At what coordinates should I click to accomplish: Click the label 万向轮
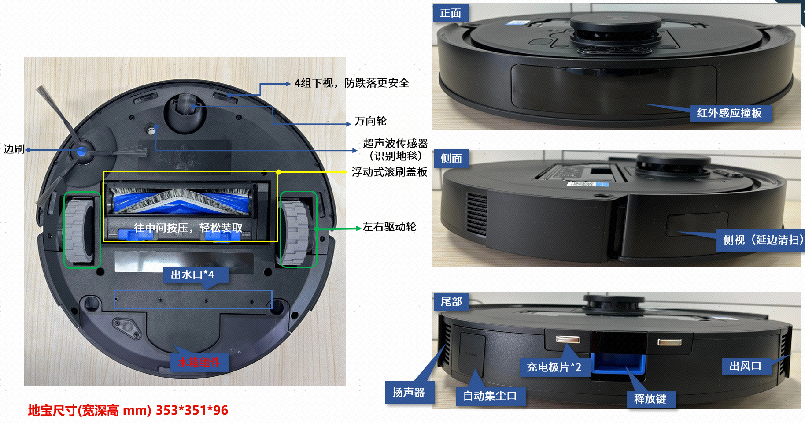click(370, 121)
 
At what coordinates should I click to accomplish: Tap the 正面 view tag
click(451, 13)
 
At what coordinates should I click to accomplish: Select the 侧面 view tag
click(451, 159)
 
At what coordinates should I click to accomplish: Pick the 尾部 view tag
click(451, 302)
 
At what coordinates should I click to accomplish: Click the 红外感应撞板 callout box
click(729, 113)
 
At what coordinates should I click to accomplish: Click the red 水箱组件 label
click(199, 362)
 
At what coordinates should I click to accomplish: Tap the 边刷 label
click(14, 149)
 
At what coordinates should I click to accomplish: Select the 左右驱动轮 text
click(389, 227)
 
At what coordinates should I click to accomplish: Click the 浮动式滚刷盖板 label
click(389, 172)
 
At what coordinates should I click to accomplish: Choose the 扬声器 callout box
click(409, 392)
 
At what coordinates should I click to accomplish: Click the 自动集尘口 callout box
click(490, 396)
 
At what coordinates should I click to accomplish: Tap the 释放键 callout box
click(650, 399)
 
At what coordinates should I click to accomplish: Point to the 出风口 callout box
click(746, 366)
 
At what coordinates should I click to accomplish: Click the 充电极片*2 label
click(554, 367)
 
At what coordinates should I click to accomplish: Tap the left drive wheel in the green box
click(81, 230)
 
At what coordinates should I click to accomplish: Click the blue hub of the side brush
click(81, 152)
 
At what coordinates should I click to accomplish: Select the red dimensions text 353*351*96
click(192, 410)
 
